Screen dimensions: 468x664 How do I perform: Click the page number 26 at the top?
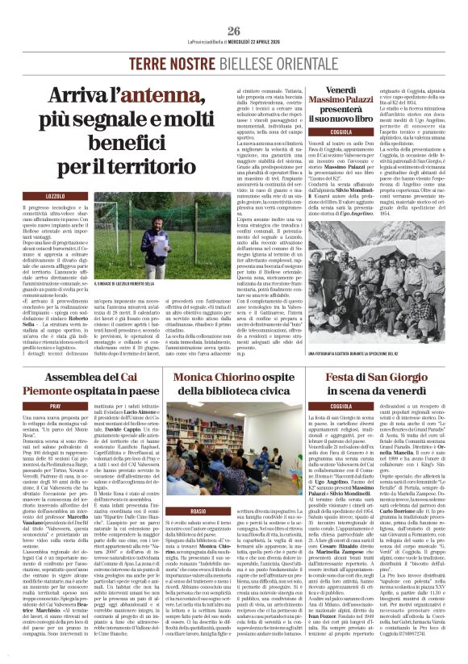coord(233,9)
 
